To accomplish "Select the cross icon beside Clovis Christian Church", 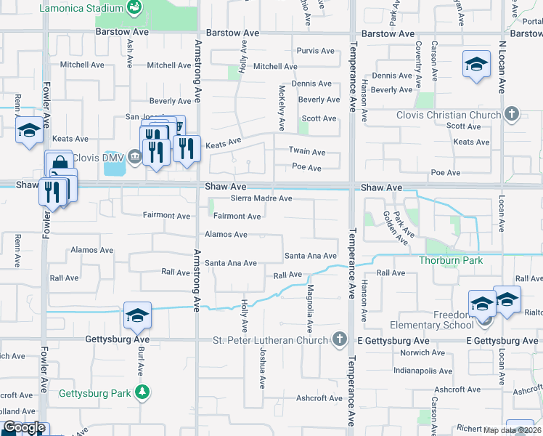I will coord(512,114).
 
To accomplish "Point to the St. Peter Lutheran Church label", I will coord(270,340).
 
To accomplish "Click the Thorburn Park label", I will coord(450,259).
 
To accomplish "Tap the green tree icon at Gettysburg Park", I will coord(143,392).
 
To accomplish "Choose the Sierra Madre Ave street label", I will coord(261,198).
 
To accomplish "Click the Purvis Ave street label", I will coord(316,51).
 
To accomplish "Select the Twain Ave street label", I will coord(308,153).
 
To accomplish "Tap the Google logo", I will coord(23,428).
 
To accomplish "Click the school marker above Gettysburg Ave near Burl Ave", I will coord(137,316).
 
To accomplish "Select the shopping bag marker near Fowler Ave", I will coord(59,164).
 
